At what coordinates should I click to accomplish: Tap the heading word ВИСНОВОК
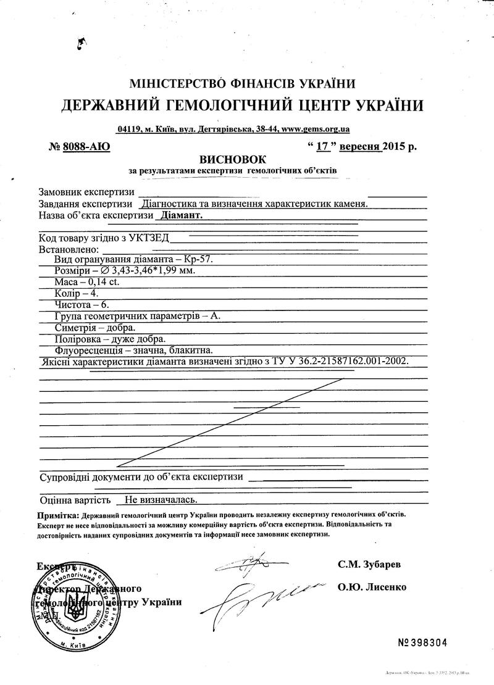(x=227, y=159)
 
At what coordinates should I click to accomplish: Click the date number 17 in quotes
(x=321, y=147)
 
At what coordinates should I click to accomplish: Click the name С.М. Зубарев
(x=369, y=564)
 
